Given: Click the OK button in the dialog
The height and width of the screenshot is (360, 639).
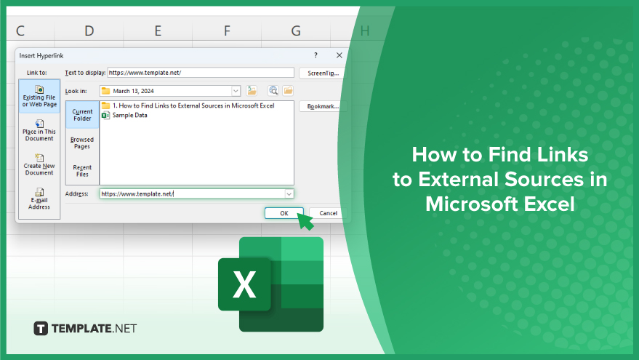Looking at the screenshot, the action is (x=284, y=213).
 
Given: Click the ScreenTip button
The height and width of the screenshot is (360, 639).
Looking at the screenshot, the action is (x=323, y=73).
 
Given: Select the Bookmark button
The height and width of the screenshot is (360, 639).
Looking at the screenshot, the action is (x=323, y=106).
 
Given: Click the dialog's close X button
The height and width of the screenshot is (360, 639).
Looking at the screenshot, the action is (x=339, y=55).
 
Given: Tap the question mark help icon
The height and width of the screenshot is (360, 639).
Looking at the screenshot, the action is (x=316, y=55).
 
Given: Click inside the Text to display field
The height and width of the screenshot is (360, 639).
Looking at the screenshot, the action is (x=201, y=73).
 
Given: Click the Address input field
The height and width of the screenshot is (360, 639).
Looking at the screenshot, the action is (x=192, y=193).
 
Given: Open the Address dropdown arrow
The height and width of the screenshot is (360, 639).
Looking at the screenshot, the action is (x=289, y=193).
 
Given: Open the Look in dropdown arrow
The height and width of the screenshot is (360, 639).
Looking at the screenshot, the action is (x=236, y=91).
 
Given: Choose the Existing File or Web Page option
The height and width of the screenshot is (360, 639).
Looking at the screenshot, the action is (x=39, y=96).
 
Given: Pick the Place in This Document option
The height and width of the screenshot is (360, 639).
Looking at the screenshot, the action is (x=39, y=130).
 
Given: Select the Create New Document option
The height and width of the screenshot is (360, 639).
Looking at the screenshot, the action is (x=39, y=164).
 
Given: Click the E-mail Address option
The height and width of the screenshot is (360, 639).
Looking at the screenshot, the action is (x=39, y=199).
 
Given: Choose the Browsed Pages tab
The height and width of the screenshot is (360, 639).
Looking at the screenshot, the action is (x=82, y=143).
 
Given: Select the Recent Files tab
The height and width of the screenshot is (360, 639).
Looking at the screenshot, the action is (x=82, y=171).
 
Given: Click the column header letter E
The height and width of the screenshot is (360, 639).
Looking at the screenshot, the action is (x=158, y=31).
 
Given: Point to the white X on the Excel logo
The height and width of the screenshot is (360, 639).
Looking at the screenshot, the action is (x=244, y=284).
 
